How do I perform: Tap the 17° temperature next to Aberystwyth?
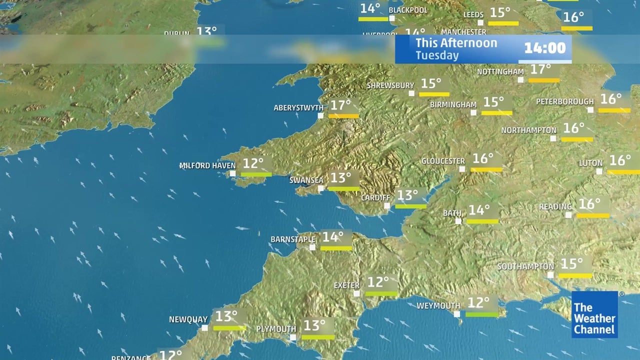pyautogui.click(x=341, y=105)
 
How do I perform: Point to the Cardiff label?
pyautogui.click(x=375, y=197)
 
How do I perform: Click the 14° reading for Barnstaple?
pyautogui.click(x=333, y=236)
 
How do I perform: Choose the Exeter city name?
pyautogui.click(x=346, y=285)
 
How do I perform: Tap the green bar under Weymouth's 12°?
pyautogui.click(x=482, y=314)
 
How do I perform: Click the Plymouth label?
pyautogui.click(x=276, y=329)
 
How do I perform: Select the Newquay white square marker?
pyautogui.click(x=204, y=328)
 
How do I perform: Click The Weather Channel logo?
pyautogui.click(x=594, y=314)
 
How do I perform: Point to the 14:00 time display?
pyautogui.click(x=544, y=48)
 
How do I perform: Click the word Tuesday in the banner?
pyautogui.click(x=437, y=55)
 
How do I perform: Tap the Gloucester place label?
pyautogui.click(x=443, y=161)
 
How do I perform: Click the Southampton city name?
pyautogui.click(x=525, y=267)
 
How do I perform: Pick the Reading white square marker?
pyautogui.click(x=568, y=215)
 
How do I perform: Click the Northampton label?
pyautogui.click(x=529, y=130)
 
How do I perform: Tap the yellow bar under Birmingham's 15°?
pyautogui.click(x=496, y=113)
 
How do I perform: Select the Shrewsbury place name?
pyautogui.click(x=390, y=85)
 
